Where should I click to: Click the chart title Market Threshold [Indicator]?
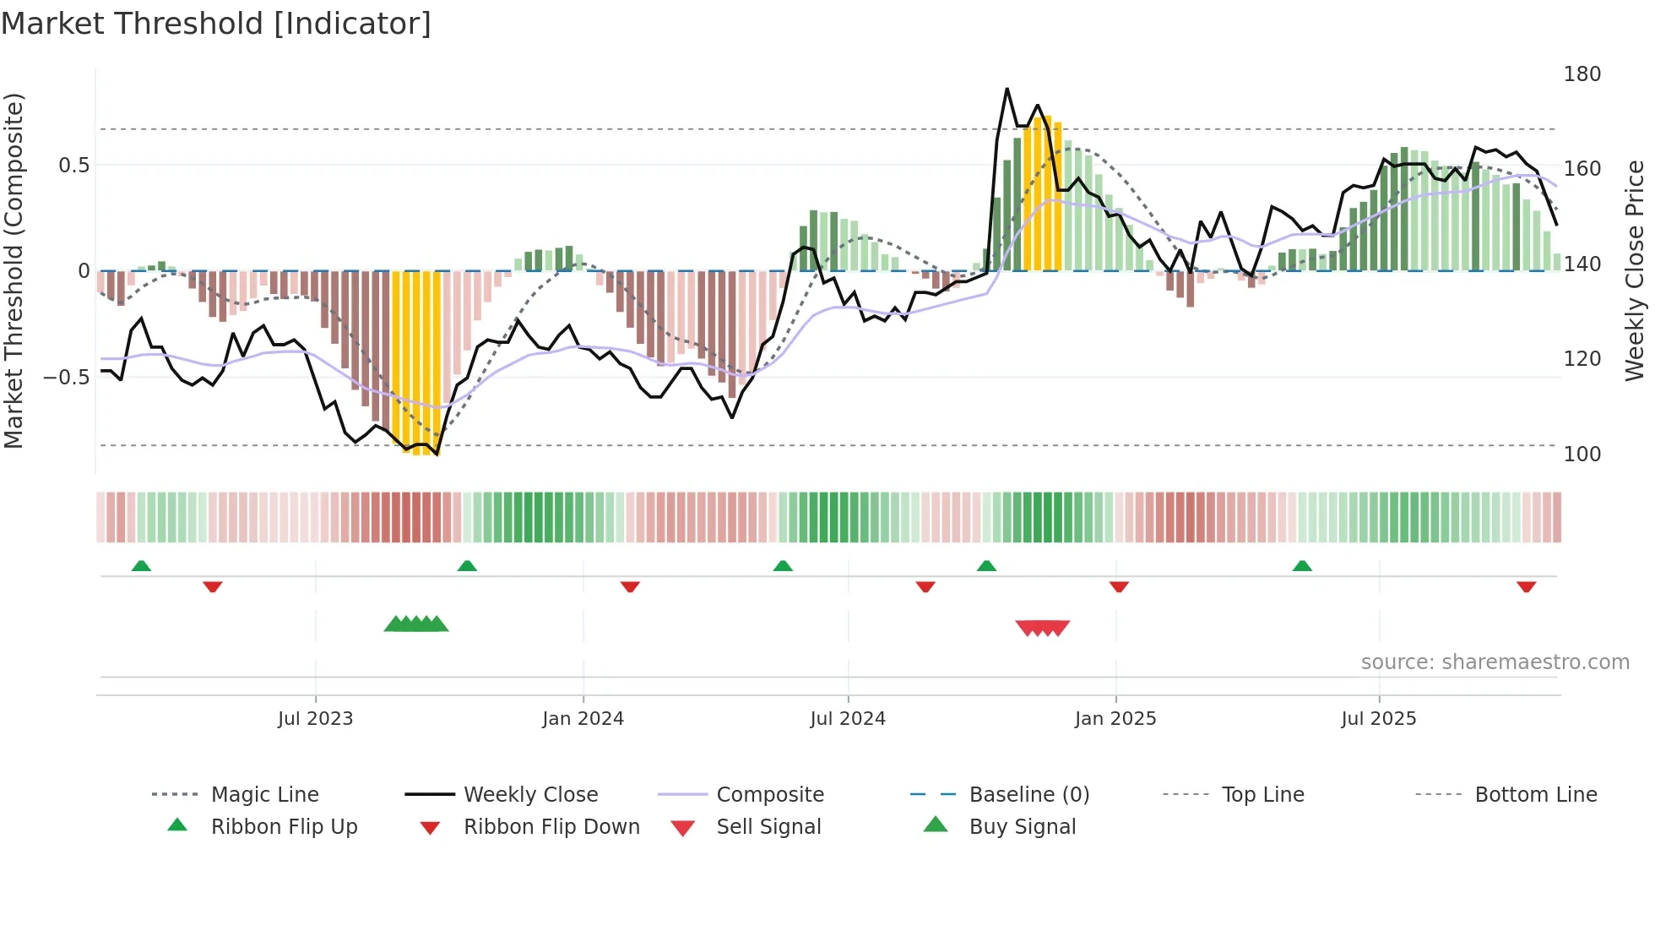tap(216, 24)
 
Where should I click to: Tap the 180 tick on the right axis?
tap(1582, 74)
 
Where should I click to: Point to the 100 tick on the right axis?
tap(1582, 455)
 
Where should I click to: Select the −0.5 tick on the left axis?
tap(67, 377)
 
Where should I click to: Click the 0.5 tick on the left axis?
tap(73, 166)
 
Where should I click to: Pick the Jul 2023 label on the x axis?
tap(315, 719)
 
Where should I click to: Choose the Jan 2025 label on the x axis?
tap(1115, 719)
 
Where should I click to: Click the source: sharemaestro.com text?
tap(1495, 662)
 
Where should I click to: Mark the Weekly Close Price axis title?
tap(1635, 270)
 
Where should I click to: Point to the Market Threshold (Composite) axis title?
tap(14, 270)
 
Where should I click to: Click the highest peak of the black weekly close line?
tap(1007, 89)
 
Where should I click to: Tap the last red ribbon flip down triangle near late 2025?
tap(1526, 586)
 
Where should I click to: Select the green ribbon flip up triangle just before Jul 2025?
tap(1302, 566)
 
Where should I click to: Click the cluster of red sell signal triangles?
tap(1043, 628)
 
